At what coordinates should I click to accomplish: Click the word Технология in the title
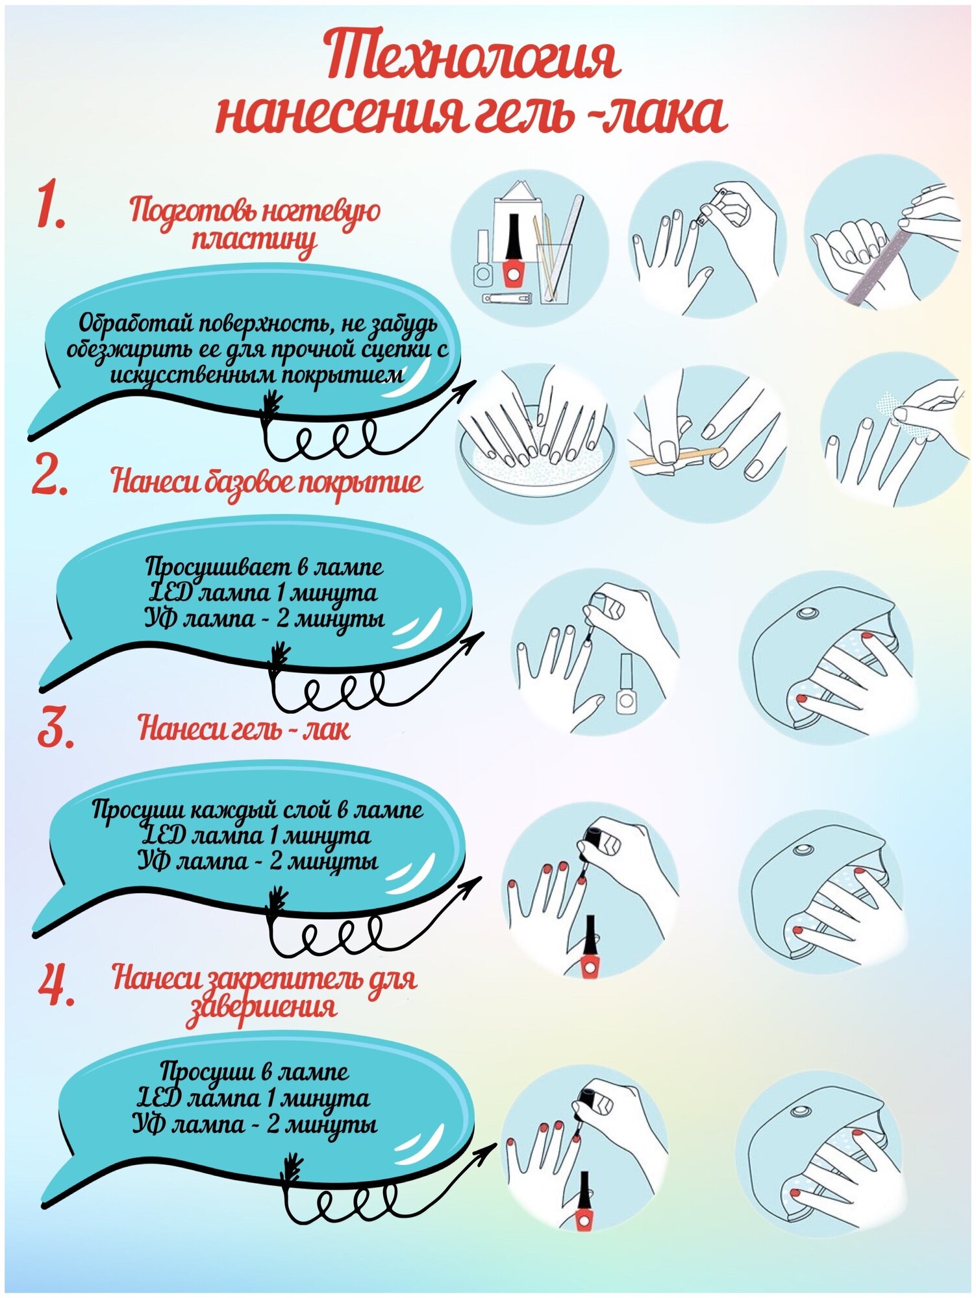473,58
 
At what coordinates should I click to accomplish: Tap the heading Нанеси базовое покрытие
267,483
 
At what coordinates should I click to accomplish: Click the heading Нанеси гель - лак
244,728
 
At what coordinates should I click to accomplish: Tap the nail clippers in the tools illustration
507,299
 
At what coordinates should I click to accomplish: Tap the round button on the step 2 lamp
808,613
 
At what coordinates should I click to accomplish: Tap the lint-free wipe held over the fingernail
892,406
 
